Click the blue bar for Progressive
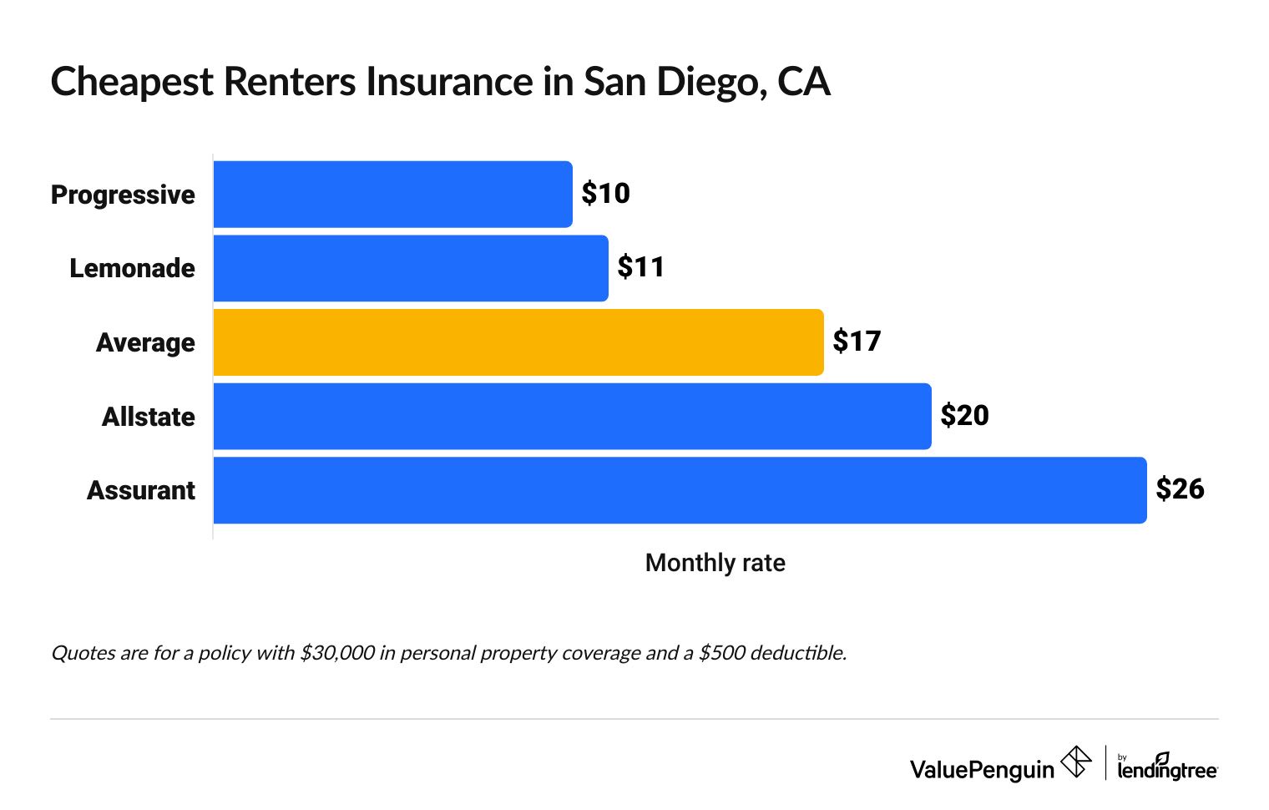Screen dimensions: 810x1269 (x=392, y=195)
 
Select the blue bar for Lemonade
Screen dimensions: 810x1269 (x=411, y=268)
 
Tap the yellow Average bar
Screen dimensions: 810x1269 (x=518, y=342)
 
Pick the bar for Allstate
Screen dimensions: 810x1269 (x=572, y=416)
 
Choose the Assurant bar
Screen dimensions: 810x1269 (x=680, y=490)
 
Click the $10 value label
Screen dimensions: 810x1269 (x=605, y=194)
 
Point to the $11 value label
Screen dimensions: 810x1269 (x=641, y=267)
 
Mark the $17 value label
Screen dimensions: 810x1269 (x=857, y=342)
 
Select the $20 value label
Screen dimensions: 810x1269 (x=964, y=415)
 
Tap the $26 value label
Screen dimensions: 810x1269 (x=1180, y=489)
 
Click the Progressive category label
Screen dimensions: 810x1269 (x=123, y=195)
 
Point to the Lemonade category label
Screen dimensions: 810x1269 (x=132, y=268)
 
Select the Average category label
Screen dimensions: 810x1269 (x=145, y=342)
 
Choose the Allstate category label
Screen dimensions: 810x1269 (x=148, y=416)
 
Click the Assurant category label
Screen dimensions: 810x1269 (x=140, y=490)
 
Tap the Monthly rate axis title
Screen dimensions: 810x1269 (x=715, y=563)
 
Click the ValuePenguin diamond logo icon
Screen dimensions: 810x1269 (x=1075, y=762)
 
